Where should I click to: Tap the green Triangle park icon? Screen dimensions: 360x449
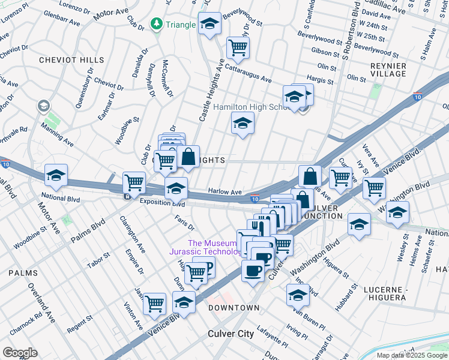(x=157, y=24)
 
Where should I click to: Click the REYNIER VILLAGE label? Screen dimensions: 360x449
(x=388, y=70)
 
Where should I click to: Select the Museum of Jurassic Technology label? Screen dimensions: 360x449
(x=215, y=247)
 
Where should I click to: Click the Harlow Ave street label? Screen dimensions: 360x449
(x=224, y=191)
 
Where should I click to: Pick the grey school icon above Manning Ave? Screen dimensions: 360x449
(x=43, y=106)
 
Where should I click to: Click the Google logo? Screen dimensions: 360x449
(x=19, y=352)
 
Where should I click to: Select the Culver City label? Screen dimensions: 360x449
(x=231, y=334)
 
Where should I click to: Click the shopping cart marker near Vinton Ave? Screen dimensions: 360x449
(x=155, y=304)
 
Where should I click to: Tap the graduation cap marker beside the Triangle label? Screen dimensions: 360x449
(x=209, y=24)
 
